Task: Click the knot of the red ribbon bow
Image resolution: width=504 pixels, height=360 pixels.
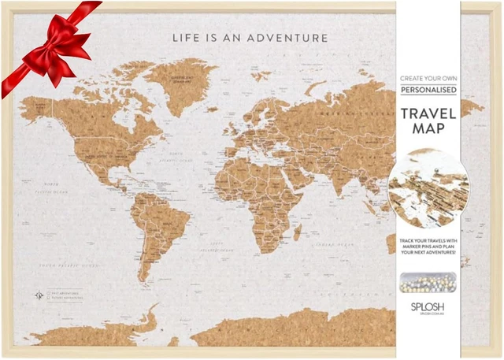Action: [x=49, y=35]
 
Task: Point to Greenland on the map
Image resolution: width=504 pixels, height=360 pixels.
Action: [x=181, y=79]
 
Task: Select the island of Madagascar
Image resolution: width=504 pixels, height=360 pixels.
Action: [x=298, y=232]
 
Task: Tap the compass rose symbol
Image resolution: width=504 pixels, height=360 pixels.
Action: [x=39, y=295]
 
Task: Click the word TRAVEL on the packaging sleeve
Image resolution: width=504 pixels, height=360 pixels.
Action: [x=429, y=112]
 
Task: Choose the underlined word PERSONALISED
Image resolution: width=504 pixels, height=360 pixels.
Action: [x=429, y=91]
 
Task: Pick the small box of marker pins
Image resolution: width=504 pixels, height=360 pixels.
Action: [x=429, y=280]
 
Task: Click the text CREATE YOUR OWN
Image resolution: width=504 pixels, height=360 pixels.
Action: [x=429, y=79]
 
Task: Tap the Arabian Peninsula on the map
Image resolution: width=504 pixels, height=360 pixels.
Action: [x=303, y=169]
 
